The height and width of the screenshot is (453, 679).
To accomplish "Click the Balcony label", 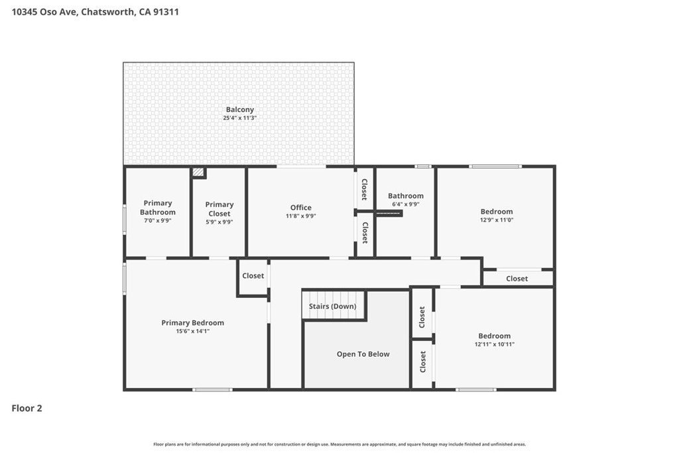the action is [240, 110].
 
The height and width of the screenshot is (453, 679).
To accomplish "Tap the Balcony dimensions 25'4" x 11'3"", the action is [240, 118].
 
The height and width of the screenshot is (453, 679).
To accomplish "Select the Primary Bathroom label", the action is [158, 208].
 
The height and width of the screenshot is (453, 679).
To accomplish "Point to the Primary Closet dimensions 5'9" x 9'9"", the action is [219, 222].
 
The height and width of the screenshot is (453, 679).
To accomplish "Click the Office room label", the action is [300, 208].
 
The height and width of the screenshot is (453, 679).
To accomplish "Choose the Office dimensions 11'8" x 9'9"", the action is [300, 216].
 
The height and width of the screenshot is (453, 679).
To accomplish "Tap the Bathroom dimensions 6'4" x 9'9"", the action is [406, 204].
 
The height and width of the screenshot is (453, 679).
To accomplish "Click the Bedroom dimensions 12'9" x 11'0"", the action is [496, 220].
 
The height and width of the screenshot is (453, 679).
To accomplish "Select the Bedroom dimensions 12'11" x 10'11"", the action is [495, 344].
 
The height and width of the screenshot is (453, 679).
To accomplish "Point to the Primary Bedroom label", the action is [193, 322].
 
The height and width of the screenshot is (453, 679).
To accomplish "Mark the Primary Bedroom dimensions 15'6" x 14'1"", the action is [193, 332].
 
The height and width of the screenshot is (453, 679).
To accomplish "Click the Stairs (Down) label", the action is [333, 306].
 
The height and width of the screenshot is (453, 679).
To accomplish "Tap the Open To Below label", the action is [363, 354].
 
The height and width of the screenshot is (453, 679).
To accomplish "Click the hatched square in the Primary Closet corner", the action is [199, 172].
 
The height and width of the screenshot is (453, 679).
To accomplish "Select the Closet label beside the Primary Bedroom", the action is [253, 275].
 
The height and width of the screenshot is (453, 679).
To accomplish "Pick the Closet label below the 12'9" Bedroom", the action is [517, 279].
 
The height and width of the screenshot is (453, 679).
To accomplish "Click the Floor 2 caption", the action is [27, 408].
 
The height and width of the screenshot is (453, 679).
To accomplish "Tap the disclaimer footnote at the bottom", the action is [339, 444].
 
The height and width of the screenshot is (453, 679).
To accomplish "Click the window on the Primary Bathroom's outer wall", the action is [125, 220].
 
